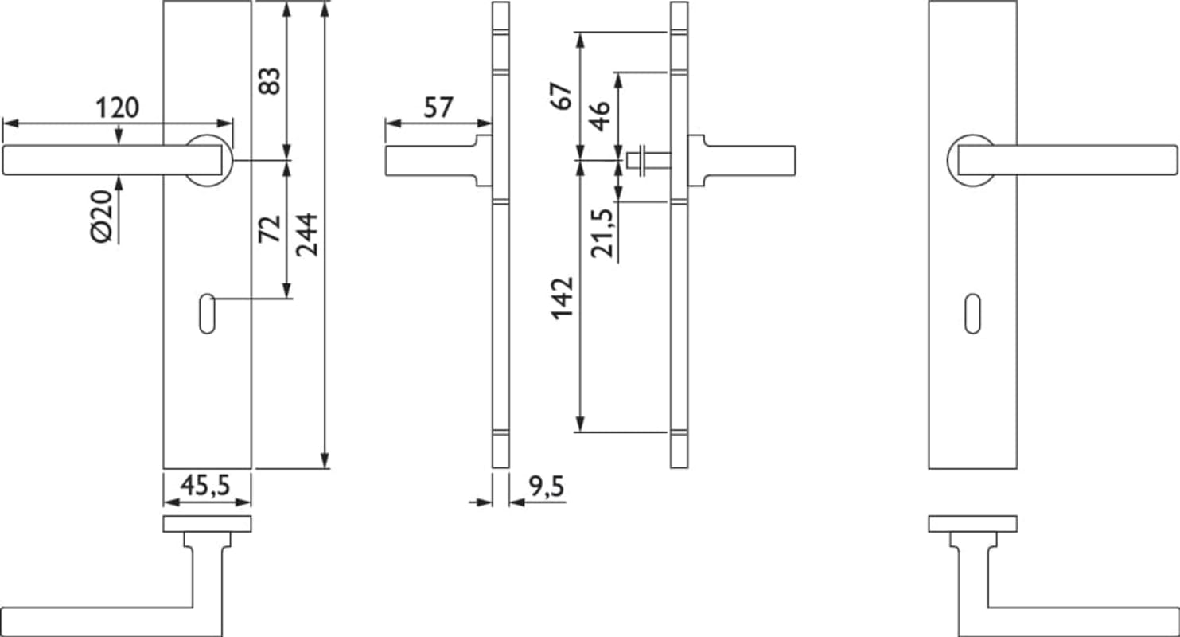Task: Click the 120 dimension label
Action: pos(117,107)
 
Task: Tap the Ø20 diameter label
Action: pos(102,217)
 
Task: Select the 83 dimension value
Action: pos(269,80)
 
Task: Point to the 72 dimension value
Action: pos(269,229)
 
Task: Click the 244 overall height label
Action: pos(306,235)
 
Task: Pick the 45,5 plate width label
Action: pos(205,485)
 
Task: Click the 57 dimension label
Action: pos(438,107)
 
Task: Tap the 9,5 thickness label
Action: pos(547,487)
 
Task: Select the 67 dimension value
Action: pos(562,96)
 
